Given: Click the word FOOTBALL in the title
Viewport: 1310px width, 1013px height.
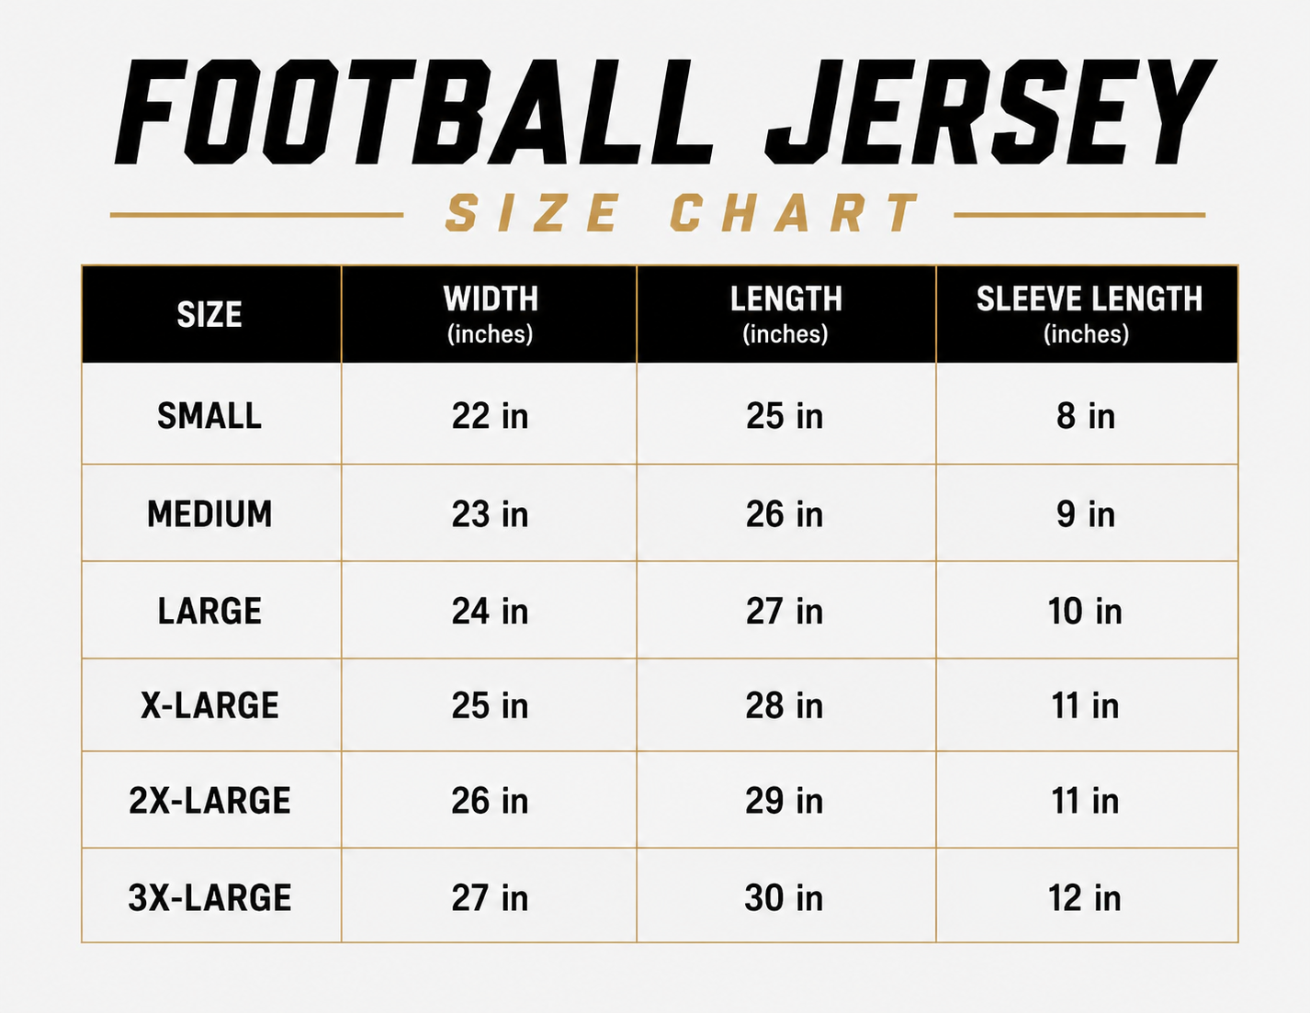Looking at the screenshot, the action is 414,112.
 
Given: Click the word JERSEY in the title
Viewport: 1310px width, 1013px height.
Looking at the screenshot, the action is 991,112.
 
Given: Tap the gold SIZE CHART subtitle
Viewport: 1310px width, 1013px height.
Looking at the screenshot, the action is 683,213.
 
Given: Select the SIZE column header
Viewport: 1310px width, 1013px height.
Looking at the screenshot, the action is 209,315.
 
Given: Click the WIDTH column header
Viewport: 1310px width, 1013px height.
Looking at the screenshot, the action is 491,315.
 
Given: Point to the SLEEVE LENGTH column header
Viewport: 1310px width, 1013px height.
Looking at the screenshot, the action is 1089,315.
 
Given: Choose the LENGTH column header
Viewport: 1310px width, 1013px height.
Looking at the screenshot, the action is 786,315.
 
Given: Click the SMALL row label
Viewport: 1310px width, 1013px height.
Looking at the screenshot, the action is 209,416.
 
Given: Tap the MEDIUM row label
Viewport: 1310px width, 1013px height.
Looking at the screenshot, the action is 209,514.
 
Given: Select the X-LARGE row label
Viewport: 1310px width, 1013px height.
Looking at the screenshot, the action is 209,705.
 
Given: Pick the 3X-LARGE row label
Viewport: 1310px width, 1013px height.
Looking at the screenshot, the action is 209,897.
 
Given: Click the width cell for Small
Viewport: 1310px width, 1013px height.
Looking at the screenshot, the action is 490,416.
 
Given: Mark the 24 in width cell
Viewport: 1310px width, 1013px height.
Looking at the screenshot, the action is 490,611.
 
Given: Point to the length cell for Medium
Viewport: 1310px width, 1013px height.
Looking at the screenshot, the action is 785,514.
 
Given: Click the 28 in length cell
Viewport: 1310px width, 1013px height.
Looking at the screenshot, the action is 785,705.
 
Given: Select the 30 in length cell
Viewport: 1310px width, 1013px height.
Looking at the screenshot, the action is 784,897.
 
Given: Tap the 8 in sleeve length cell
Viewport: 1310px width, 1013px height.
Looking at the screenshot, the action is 1086,416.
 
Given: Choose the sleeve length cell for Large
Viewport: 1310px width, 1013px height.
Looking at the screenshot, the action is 1085,611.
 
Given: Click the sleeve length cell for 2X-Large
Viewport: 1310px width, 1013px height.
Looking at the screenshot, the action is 1085,801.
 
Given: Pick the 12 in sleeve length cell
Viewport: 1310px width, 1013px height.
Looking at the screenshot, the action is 1085,897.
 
